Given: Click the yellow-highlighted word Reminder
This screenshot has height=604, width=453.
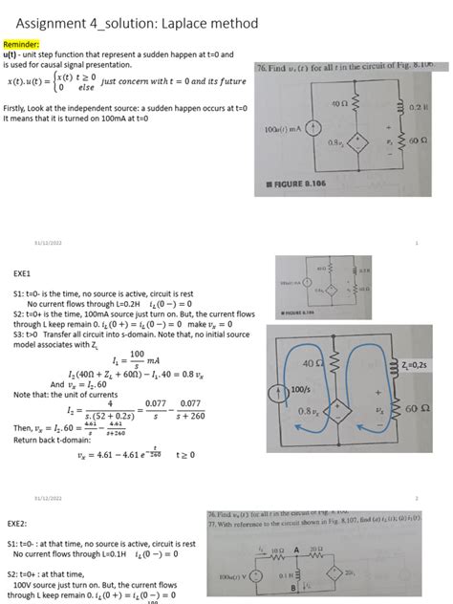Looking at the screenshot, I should pos(20,44).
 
